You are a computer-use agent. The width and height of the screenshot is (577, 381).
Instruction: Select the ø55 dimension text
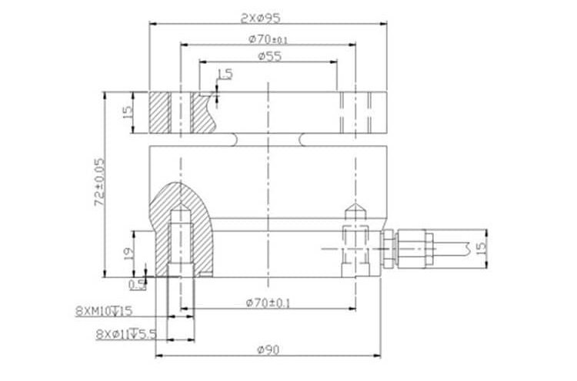pyautogui.click(x=267, y=56)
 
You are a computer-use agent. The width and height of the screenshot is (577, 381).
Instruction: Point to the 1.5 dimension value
pyautogui.click(x=225, y=74)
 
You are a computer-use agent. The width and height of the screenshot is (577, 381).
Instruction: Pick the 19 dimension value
pyautogui.click(x=128, y=250)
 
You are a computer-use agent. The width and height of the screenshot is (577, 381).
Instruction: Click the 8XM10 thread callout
pyautogui.click(x=105, y=311)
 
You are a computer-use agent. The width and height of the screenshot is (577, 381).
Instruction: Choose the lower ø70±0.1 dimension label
pyautogui.click(x=268, y=303)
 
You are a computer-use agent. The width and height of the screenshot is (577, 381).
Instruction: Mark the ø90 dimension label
pyautogui.click(x=266, y=350)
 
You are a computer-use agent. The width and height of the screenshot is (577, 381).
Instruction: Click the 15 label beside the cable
pyautogui.click(x=481, y=250)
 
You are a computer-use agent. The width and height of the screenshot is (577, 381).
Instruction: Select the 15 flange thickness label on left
pyautogui.click(x=128, y=111)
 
